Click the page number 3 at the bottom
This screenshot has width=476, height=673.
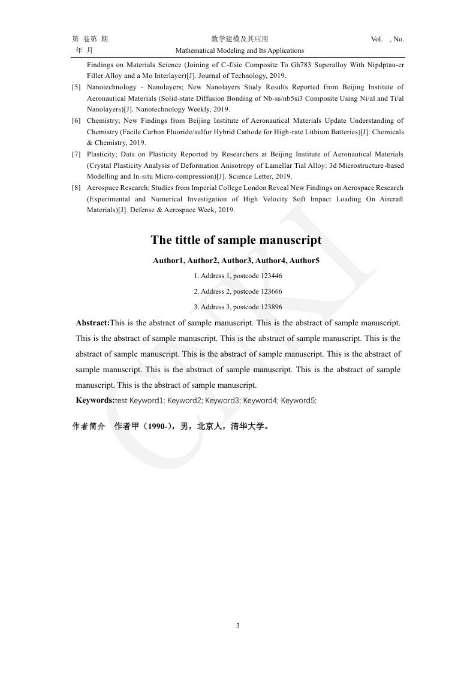(238, 626)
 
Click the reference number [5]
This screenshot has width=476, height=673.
(76, 87)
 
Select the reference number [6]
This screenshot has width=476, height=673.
(76, 121)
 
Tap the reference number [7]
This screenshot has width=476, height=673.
(76, 155)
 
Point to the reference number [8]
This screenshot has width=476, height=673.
(76, 188)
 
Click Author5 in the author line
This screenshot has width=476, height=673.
(305, 261)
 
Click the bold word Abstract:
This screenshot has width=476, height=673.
(93, 323)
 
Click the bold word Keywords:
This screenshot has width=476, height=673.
(95, 400)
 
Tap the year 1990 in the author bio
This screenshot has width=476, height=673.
(158, 427)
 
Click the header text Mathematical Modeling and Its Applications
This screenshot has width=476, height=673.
(239, 51)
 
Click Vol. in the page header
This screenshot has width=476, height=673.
(376, 40)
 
